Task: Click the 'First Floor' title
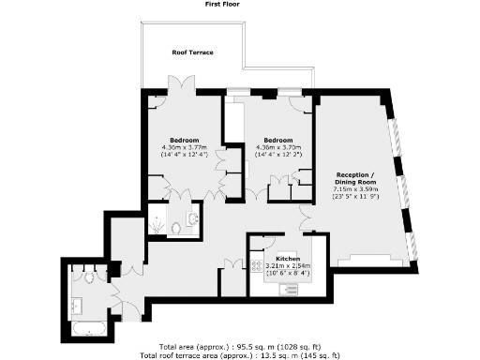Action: click(x=226, y=5)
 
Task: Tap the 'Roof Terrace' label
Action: click(x=192, y=52)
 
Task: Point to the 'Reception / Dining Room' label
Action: click(x=355, y=179)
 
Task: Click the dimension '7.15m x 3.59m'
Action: click(x=356, y=190)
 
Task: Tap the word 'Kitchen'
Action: click(x=288, y=258)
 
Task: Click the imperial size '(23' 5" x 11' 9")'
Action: click(x=356, y=198)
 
